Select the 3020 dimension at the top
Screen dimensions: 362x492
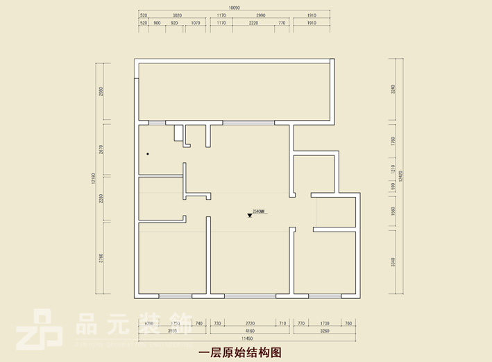pos(177,15)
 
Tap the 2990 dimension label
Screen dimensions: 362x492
pos(261,15)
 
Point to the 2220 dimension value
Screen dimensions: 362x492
pos(253,23)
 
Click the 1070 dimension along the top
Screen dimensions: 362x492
pos(195,23)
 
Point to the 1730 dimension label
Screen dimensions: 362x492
pos(324,324)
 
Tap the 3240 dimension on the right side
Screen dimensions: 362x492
pos(393,89)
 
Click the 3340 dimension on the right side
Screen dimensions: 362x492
pos(393,262)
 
